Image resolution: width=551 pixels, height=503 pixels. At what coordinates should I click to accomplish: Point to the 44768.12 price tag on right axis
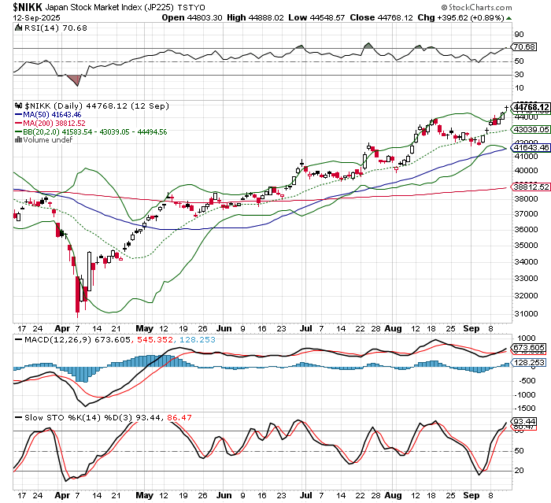pos(530,106)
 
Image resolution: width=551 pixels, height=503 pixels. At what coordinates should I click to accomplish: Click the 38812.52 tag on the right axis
pos(530,188)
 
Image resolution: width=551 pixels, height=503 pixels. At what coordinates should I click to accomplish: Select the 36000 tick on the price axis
pos(525,229)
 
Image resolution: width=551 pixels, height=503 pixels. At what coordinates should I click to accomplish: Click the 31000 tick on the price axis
pos(525,313)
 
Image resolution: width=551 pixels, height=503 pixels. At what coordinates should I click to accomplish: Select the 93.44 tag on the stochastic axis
pos(525,422)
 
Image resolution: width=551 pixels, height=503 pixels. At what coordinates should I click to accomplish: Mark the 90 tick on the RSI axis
pos(520,35)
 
